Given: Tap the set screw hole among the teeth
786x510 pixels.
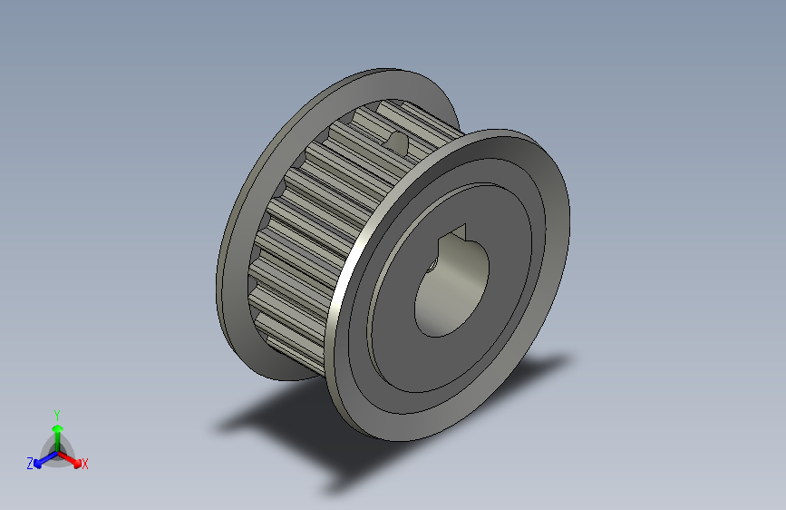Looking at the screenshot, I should pyautogui.click(x=397, y=142).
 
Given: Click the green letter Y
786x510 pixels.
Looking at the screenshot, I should pyautogui.click(x=56, y=414).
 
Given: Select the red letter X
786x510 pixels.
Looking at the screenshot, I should pyautogui.click(x=84, y=465).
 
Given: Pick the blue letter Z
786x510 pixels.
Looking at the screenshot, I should pyautogui.click(x=30, y=464).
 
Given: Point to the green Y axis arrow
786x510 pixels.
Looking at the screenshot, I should pyautogui.click(x=56, y=434).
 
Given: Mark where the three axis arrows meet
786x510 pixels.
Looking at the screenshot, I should pyautogui.click(x=56, y=451).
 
